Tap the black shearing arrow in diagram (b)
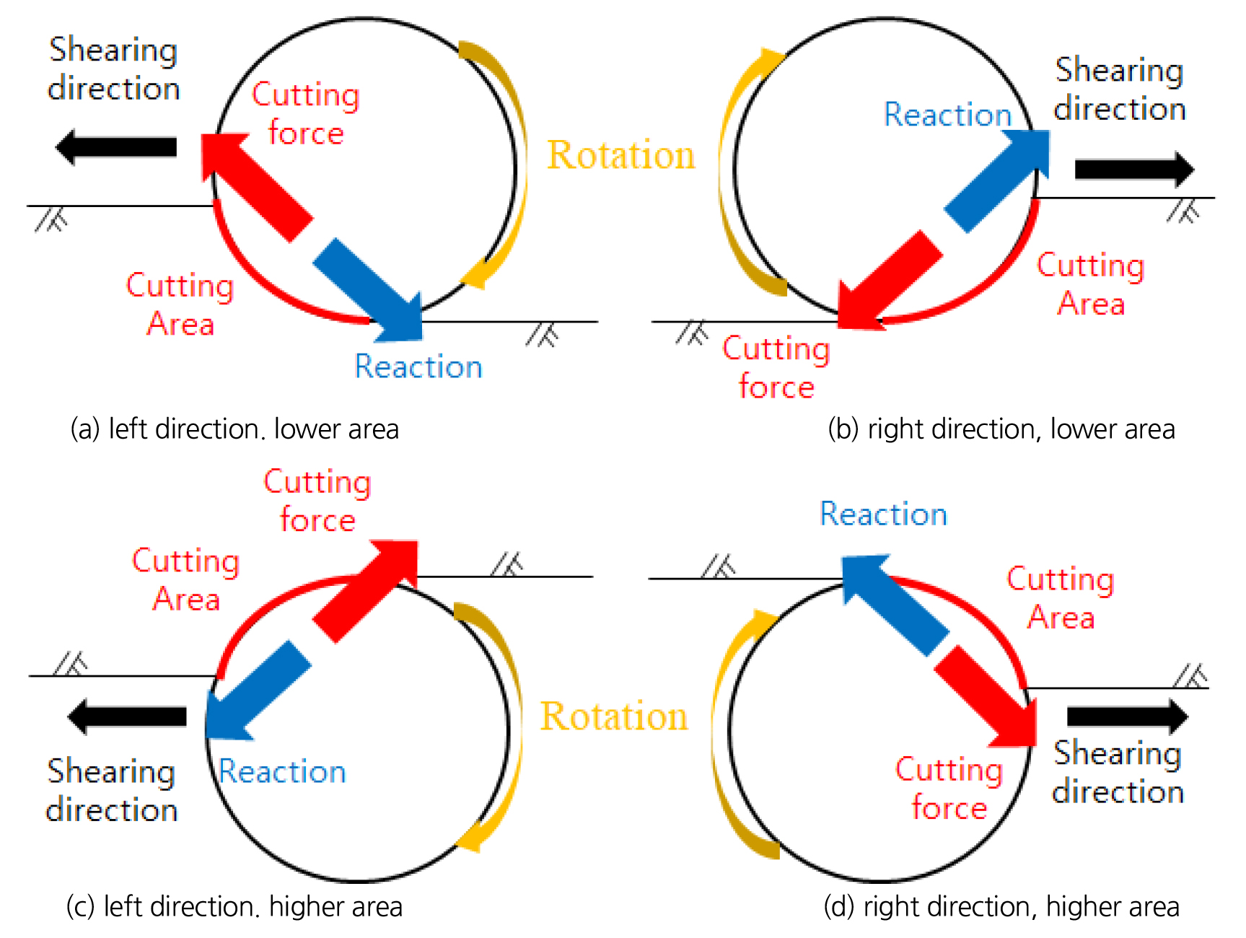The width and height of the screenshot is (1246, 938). (1133, 170)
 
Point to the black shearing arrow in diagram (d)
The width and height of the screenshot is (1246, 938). (1126, 716)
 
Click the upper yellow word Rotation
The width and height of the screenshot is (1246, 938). (621, 155)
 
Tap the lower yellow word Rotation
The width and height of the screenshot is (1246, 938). (614, 716)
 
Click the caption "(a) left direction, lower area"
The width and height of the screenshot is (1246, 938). (234, 429)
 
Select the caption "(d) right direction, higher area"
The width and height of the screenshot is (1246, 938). (1001, 906)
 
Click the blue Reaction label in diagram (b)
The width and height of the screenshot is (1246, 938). (947, 115)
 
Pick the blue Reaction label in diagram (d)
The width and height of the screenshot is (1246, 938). (883, 514)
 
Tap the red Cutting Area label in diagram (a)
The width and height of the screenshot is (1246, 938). (180, 304)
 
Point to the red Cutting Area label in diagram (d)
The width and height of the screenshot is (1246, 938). (1061, 598)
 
